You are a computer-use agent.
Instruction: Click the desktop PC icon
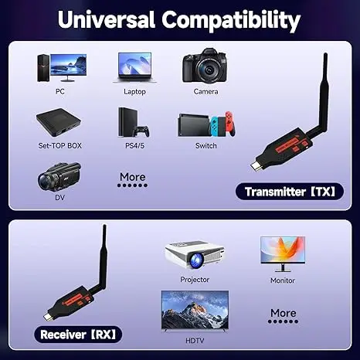(60, 68)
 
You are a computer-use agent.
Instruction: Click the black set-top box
(59, 122)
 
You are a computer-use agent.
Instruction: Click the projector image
(195, 254)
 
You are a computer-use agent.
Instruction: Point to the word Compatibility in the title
(233, 18)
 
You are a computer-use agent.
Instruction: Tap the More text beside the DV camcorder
(132, 177)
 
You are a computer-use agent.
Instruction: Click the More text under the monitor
(284, 313)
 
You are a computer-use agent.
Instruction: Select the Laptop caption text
(134, 91)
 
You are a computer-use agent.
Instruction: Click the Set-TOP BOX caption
(59, 145)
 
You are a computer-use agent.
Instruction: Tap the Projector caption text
(195, 279)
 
